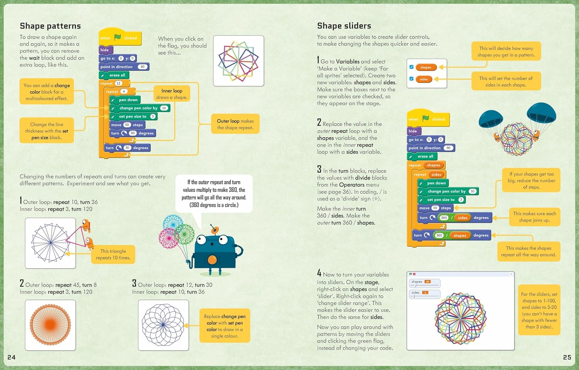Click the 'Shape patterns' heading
click(50, 26)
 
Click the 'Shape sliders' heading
click(344, 26)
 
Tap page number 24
click(12, 357)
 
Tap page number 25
click(567, 357)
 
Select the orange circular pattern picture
click(50, 325)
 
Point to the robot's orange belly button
click(212, 260)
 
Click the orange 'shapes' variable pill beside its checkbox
click(426, 67)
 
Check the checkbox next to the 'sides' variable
click(411, 79)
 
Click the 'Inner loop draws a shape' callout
click(172, 94)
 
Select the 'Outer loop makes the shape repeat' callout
click(235, 124)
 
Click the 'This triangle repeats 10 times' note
click(113, 254)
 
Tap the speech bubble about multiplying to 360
click(214, 193)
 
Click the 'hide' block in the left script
click(105, 50)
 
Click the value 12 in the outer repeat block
click(119, 84)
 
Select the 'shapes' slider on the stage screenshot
click(424, 283)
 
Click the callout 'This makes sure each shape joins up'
click(534, 217)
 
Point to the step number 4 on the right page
click(319, 273)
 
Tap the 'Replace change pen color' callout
click(225, 326)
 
